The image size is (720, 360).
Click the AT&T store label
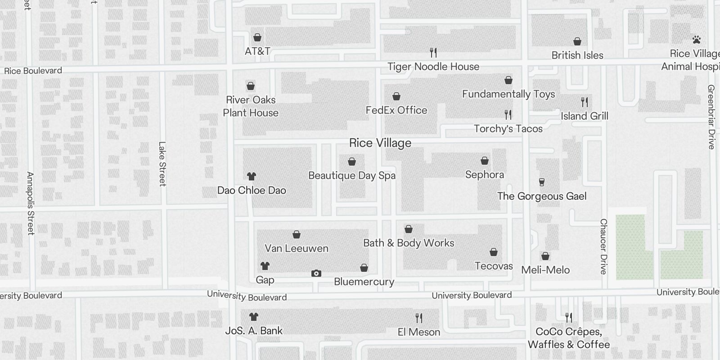click(257, 51)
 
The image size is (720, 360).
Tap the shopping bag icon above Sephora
click(485, 161)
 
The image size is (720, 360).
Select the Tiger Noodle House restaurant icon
click(433, 53)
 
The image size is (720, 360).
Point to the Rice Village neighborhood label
click(380, 143)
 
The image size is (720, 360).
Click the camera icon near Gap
click(316, 273)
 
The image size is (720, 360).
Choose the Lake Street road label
click(162, 164)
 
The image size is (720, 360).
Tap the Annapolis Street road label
click(30, 203)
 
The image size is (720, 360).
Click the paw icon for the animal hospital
click(697, 40)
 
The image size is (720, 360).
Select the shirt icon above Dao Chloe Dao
click(252, 176)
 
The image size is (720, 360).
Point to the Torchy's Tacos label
click(508, 129)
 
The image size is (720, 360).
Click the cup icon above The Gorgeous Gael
click(542, 182)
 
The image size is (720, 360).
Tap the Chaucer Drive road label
click(603, 246)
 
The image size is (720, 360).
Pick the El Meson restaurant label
click(419, 332)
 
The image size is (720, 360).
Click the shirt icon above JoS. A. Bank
click(254, 317)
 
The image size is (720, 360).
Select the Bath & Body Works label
click(409, 243)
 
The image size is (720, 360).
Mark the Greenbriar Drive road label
click(711, 117)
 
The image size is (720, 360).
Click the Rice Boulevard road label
click(33, 71)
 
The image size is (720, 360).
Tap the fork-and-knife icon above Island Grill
click(585, 102)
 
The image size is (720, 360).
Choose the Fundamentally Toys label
click(508, 94)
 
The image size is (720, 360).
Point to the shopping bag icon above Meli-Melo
click(545, 256)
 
